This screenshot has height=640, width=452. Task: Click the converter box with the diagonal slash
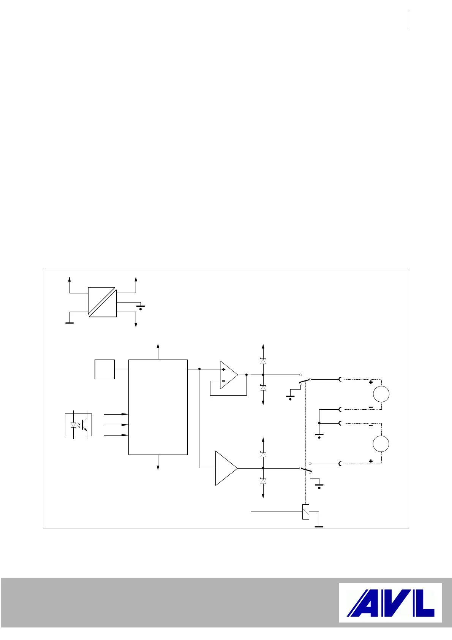point(102,302)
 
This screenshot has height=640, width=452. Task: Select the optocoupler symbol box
point(79,425)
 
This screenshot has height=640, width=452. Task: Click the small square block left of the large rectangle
point(104,369)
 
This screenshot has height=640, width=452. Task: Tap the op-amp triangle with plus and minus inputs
point(228,375)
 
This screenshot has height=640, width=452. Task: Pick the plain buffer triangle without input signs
point(226,468)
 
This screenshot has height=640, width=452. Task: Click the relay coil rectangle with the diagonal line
point(305,512)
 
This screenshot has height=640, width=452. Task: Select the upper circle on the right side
point(381,394)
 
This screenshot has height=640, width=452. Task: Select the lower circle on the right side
point(381,444)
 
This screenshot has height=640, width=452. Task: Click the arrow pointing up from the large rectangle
point(158,347)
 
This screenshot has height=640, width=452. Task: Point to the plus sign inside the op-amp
point(224,369)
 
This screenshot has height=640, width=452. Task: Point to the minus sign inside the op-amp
point(224,380)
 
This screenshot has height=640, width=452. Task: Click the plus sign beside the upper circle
point(371,382)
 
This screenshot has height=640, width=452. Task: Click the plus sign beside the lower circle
point(371,461)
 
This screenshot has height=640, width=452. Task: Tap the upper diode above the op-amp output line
point(263,361)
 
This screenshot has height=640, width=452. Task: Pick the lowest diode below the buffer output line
point(263,482)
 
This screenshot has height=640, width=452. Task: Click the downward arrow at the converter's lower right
point(136,324)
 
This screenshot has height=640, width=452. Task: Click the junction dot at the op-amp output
point(247,375)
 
